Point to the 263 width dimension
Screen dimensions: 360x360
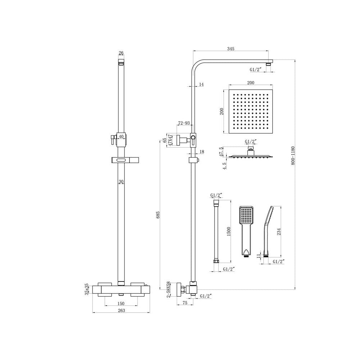coord(121,311)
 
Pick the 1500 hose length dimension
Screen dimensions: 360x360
coord(229,232)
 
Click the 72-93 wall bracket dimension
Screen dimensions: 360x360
coord(184,123)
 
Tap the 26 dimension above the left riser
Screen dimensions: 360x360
coord(121,53)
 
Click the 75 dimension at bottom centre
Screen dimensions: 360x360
coord(184,303)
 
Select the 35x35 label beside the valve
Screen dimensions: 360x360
coord(87,289)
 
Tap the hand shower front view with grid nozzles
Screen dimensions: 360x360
coord(247,230)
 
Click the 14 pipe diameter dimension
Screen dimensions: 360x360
coord(201,84)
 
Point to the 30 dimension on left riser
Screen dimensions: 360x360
coord(121,182)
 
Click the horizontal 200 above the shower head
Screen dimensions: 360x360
coord(251,83)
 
